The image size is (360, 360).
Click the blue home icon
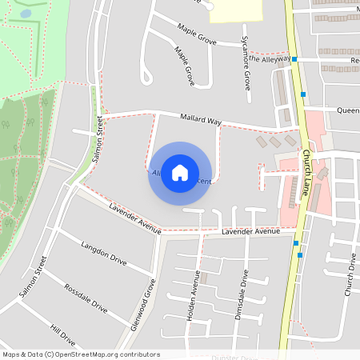[180, 173]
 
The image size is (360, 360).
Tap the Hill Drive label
[62, 333]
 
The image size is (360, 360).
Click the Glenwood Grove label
[142, 305]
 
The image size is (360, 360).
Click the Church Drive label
[350, 274]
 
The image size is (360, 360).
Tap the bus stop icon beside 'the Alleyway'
[294, 59]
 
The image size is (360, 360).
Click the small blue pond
[26, 14]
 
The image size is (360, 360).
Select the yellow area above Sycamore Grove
[236, 10]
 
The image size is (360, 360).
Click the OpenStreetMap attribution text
[81, 354]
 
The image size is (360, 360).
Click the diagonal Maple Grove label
[185, 66]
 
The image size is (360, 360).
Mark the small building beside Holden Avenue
[203, 278]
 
